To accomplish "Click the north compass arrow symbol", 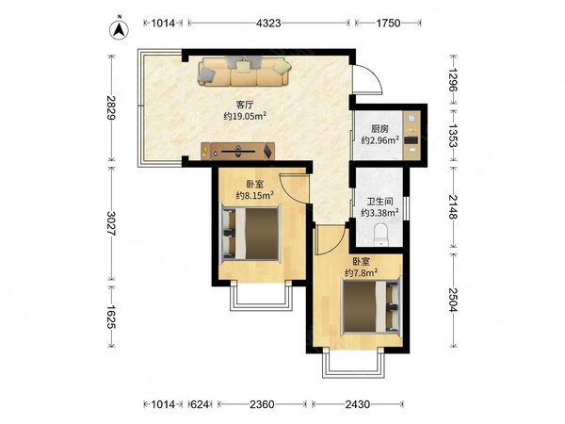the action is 120,29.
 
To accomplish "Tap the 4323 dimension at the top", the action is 268,23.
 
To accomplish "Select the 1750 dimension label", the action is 388,23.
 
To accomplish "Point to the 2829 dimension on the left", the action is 112,107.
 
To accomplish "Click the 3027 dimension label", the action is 112,223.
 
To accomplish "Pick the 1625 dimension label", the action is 112,318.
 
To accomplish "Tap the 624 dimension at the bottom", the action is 200,404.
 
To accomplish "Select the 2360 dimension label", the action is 262,404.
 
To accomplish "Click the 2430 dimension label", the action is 358,404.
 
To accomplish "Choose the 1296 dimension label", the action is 453,80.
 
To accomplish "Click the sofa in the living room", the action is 244,71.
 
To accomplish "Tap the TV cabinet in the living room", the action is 238,151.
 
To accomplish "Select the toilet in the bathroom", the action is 380,235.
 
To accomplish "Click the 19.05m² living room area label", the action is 245,116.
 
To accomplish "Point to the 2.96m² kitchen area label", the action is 380,139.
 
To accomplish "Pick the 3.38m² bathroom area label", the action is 379,213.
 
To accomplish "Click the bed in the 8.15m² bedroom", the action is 250,234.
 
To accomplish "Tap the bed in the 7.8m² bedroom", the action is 372,306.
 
